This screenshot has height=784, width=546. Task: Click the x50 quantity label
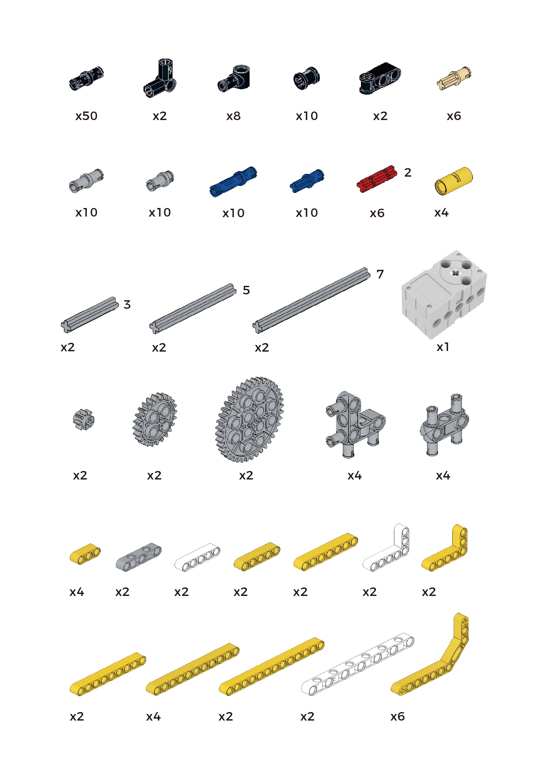tap(86, 116)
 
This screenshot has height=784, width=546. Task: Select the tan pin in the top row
tap(454, 78)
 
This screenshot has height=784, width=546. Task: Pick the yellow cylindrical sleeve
tap(453, 181)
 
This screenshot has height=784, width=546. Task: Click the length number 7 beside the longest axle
tap(380, 274)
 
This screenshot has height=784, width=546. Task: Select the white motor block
tap(444, 294)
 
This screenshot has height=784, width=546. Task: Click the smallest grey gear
tap(84, 420)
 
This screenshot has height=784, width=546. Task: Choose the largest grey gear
tap(249, 420)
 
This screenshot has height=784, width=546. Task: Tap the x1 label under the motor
tap(443, 347)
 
